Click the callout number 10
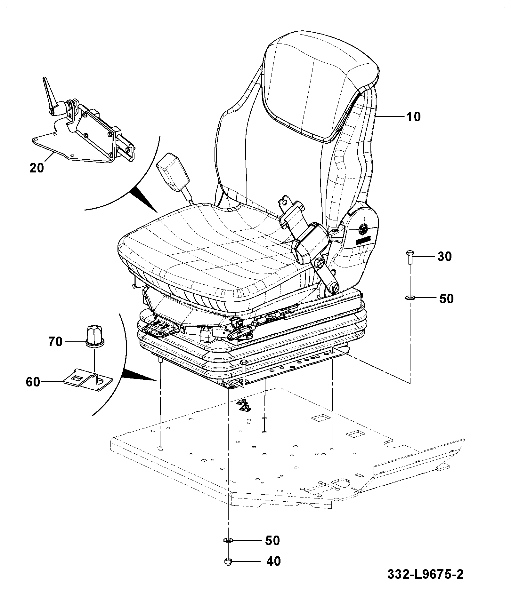(414, 116)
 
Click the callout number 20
(36, 168)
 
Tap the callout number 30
(444, 256)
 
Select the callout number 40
(273, 561)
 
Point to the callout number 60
(33, 382)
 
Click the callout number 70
(55, 342)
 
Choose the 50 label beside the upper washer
(446, 299)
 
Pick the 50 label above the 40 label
(272, 540)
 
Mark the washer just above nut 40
(228, 540)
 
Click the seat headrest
(320, 88)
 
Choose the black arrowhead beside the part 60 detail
(140, 375)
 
